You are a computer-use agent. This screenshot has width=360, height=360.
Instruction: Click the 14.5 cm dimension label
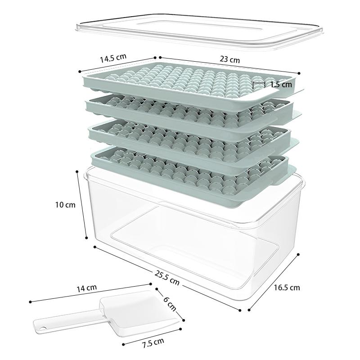pos(113,58)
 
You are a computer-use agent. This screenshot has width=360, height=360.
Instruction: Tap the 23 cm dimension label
pos(229,59)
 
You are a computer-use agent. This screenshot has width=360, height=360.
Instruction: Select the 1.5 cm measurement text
pos(281,85)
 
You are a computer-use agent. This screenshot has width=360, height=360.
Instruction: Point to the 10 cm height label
pos(65,205)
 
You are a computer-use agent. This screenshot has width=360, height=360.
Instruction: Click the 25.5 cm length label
pos(167,278)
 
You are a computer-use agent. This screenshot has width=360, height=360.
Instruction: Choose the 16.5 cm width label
pos(287,288)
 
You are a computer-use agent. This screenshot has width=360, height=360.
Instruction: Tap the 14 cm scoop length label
pos(86,288)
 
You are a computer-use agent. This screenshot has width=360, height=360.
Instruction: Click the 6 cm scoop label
pos(170,303)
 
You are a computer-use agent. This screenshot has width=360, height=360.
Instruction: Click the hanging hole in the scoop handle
pos(42,329)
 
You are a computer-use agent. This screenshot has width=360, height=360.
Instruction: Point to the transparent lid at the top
pos(199,31)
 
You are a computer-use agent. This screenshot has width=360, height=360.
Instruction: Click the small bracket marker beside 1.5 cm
pos(259,85)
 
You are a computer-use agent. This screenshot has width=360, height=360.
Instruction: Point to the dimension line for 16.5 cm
pos(274,282)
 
